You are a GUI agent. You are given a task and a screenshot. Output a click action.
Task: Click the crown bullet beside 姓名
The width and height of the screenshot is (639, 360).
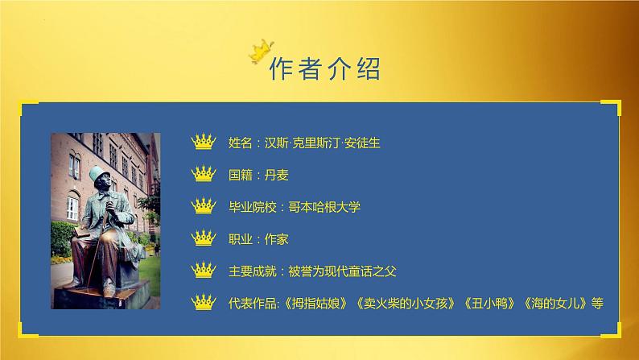[x=205, y=143]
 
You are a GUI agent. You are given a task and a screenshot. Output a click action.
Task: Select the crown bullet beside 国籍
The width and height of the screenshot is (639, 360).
[x=205, y=174]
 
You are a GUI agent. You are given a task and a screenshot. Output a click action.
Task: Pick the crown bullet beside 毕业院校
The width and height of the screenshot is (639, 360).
[x=205, y=206]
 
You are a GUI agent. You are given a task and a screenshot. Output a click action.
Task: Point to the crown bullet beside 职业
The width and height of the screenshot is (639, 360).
[x=205, y=238]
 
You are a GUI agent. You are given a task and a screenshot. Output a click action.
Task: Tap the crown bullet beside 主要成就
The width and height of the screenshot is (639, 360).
[x=205, y=271]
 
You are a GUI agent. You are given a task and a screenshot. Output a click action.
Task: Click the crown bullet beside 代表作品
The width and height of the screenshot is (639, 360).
[x=205, y=303]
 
